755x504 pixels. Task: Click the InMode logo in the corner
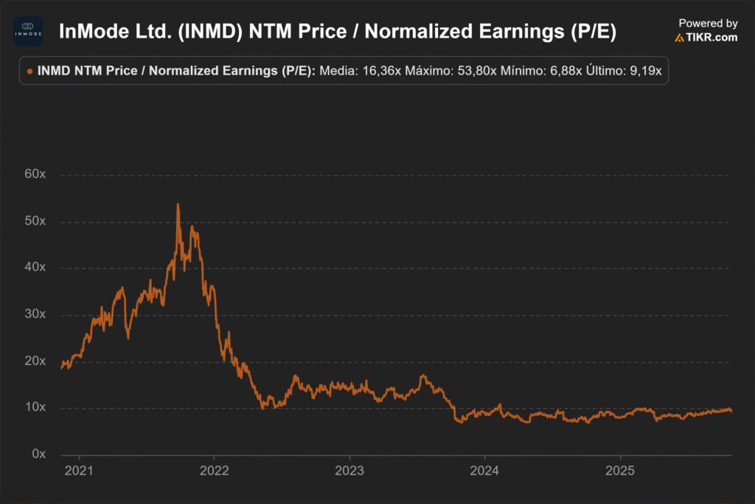(28, 31)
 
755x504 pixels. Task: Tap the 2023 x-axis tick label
(349, 471)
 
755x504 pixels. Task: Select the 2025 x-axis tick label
(620, 471)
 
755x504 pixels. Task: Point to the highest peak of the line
(178, 204)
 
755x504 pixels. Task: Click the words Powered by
(708, 24)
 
